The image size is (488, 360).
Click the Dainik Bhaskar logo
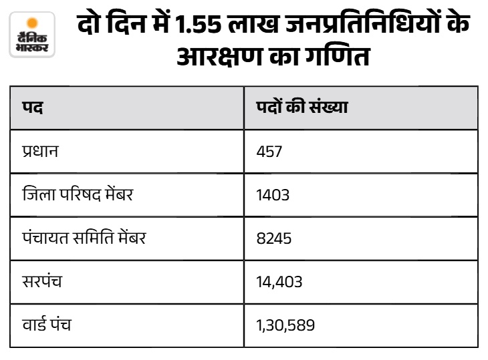click(x=32, y=35)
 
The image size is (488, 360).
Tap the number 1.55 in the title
click(x=198, y=24)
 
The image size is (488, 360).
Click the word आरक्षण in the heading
click(x=219, y=56)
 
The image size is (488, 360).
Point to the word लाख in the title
click(x=253, y=24)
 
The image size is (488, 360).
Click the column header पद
click(x=32, y=108)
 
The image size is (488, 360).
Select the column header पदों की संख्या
click(x=302, y=107)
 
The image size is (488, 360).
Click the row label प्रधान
click(x=40, y=151)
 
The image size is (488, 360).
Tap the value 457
click(x=269, y=152)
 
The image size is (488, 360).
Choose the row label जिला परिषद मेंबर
click(x=78, y=194)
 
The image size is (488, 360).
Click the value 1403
click(x=273, y=195)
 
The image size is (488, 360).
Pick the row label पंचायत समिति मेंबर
click(x=84, y=238)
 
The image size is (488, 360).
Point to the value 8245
click(x=274, y=238)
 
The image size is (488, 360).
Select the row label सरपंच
click(x=42, y=281)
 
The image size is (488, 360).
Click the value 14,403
click(x=279, y=283)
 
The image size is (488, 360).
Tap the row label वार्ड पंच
click(x=47, y=324)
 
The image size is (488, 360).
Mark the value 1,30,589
click(x=285, y=325)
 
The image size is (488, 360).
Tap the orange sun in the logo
click(x=32, y=23)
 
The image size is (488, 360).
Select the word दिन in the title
click(x=126, y=23)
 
